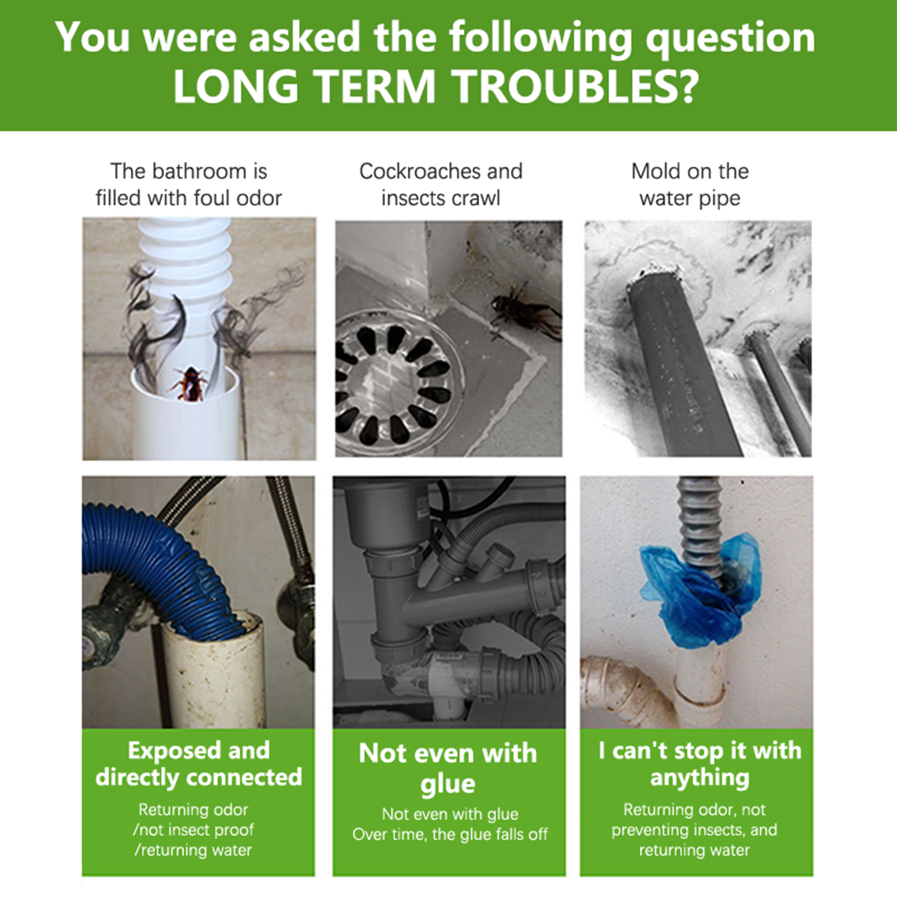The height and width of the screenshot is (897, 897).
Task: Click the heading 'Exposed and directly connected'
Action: (198, 764)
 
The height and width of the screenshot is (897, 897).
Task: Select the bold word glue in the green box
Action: (447, 784)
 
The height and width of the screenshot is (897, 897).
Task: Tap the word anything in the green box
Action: (700, 778)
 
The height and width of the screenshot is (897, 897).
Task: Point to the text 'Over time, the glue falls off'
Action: (450, 834)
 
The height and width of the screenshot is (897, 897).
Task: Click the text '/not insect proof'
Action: (193, 830)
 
